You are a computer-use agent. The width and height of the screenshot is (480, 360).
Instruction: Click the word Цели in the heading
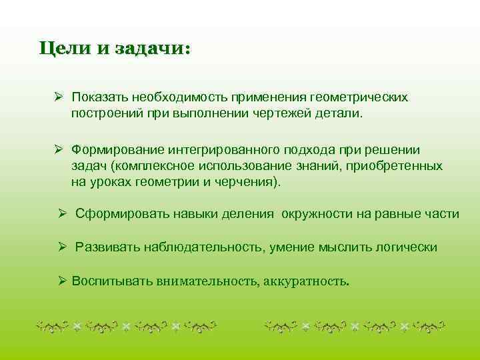(x=64, y=49)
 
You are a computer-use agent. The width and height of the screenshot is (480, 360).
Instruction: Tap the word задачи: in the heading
(x=153, y=49)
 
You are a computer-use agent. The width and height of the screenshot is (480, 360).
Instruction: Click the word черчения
(x=251, y=181)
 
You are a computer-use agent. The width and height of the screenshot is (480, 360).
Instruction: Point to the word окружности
(x=315, y=214)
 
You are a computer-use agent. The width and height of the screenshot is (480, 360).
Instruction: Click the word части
(x=443, y=214)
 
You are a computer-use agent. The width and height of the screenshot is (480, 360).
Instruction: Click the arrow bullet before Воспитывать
(x=62, y=280)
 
